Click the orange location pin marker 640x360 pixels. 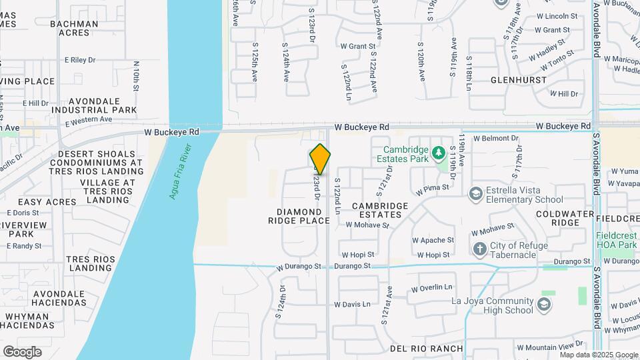[x=321, y=159]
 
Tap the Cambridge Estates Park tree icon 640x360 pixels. [x=439, y=154]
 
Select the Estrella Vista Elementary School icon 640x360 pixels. [x=475, y=194]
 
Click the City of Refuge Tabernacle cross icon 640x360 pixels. [x=479, y=250]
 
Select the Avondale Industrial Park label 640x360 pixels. [x=94, y=105]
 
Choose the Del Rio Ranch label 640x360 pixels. [x=426, y=349]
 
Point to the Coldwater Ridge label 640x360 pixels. [x=559, y=218]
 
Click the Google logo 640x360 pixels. [x=22, y=351]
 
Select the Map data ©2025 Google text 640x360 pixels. [x=598, y=355]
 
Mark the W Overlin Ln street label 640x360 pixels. [x=431, y=289]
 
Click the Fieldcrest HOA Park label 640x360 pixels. [x=616, y=240]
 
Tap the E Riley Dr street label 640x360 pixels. [x=80, y=60]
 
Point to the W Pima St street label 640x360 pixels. [x=432, y=189]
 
